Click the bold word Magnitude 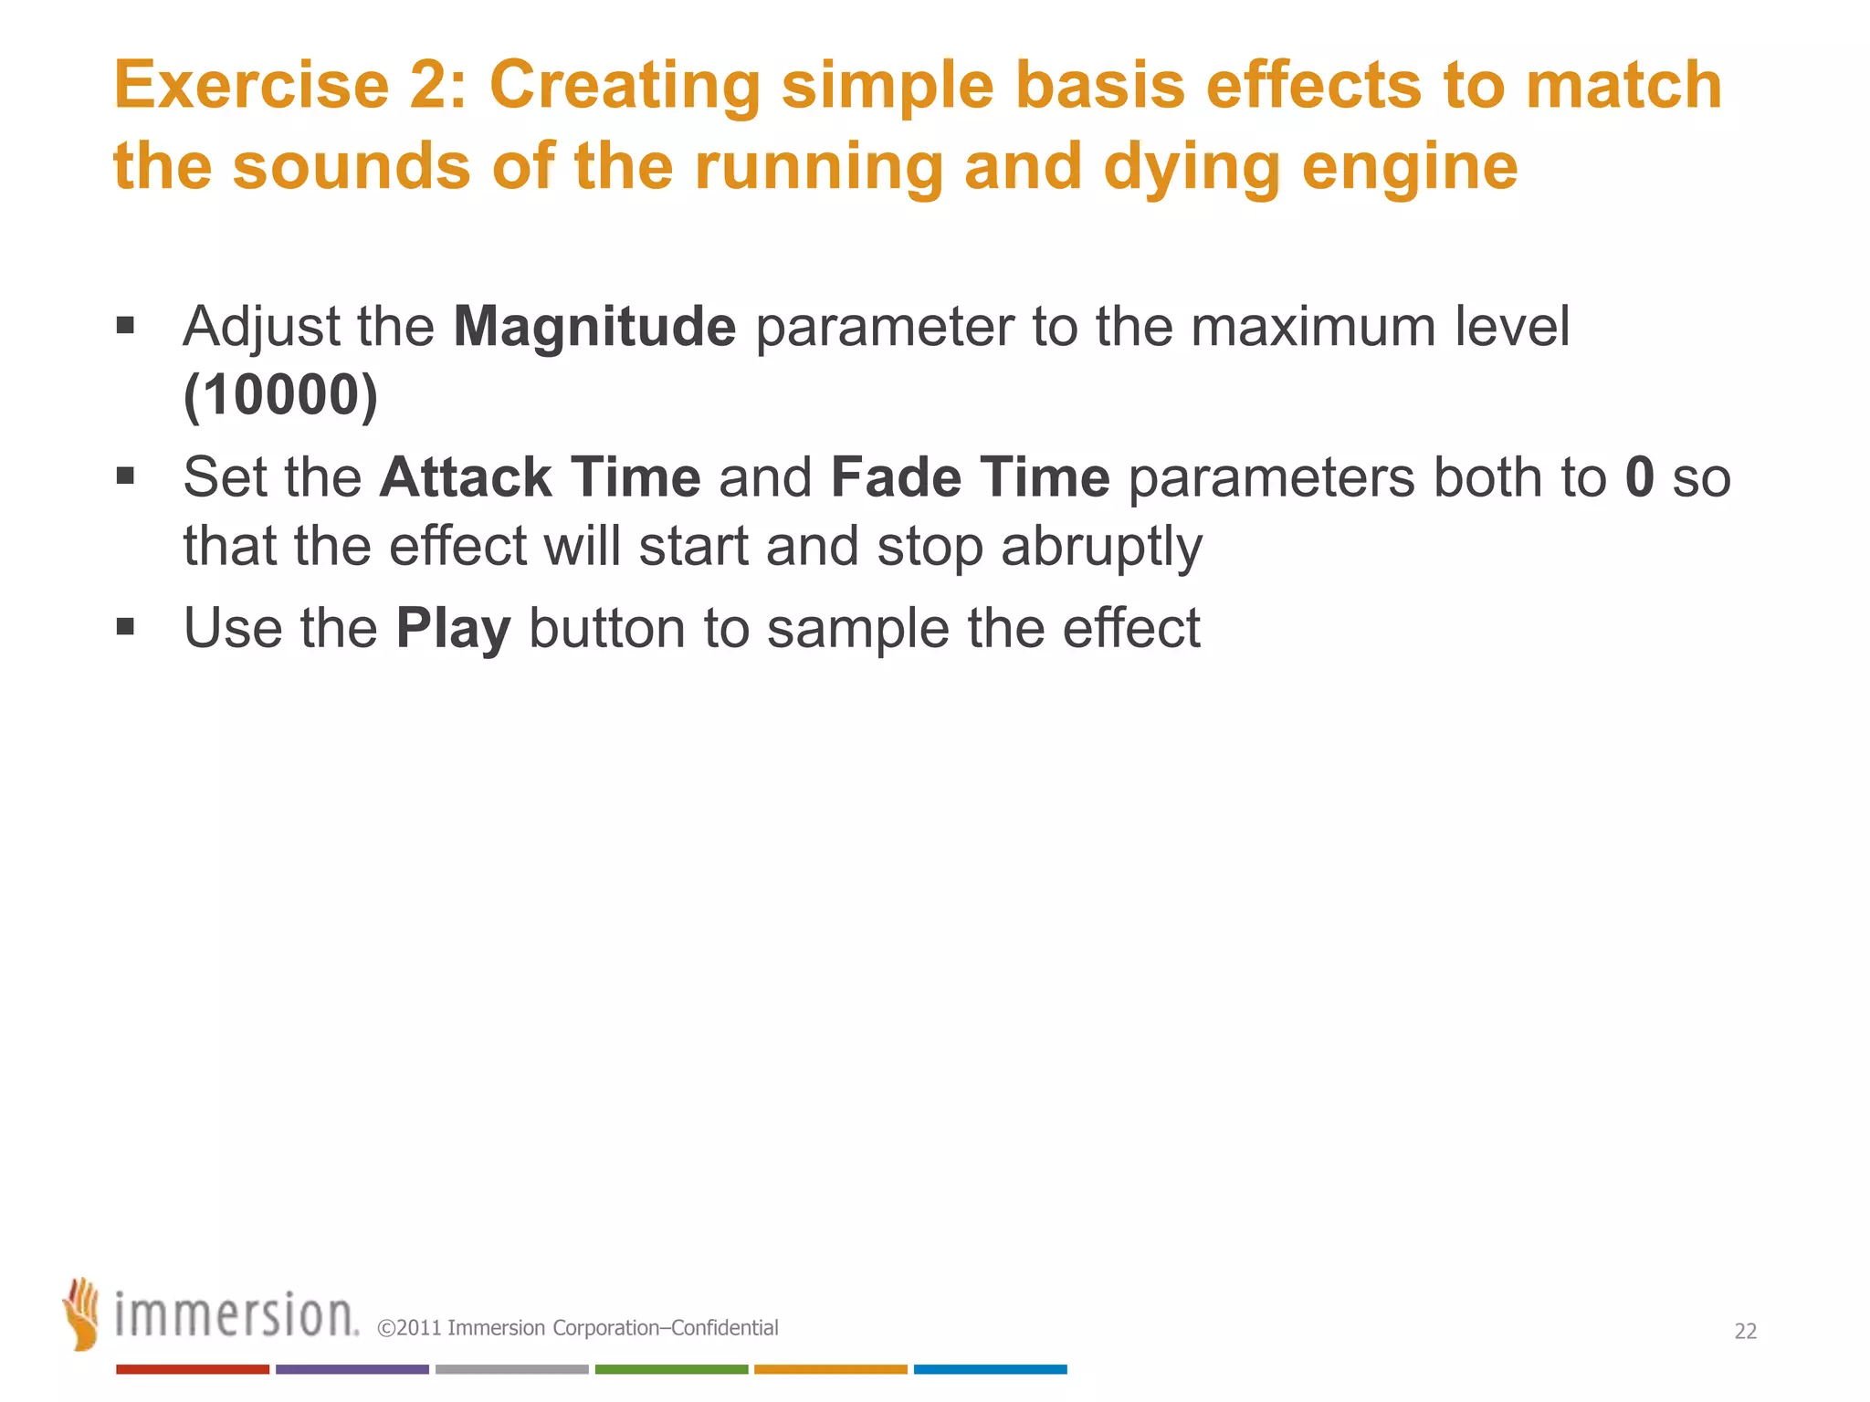tap(594, 327)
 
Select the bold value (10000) tap(280, 395)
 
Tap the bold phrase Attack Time tap(540, 477)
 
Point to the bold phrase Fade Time tap(970, 477)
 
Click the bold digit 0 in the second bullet tap(1640, 477)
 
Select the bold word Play tap(453, 629)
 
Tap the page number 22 tap(1745, 1332)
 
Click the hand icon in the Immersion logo tap(82, 1313)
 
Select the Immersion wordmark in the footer tap(236, 1315)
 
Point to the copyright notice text tap(578, 1328)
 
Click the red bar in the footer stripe tap(193, 1369)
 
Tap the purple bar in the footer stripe tap(352, 1369)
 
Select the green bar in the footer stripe tap(671, 1369)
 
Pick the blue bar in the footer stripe tap(990, 1369)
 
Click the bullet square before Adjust tap(126, 326)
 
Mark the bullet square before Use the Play tap(126, 627)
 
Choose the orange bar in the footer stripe tap(831, 1369)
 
